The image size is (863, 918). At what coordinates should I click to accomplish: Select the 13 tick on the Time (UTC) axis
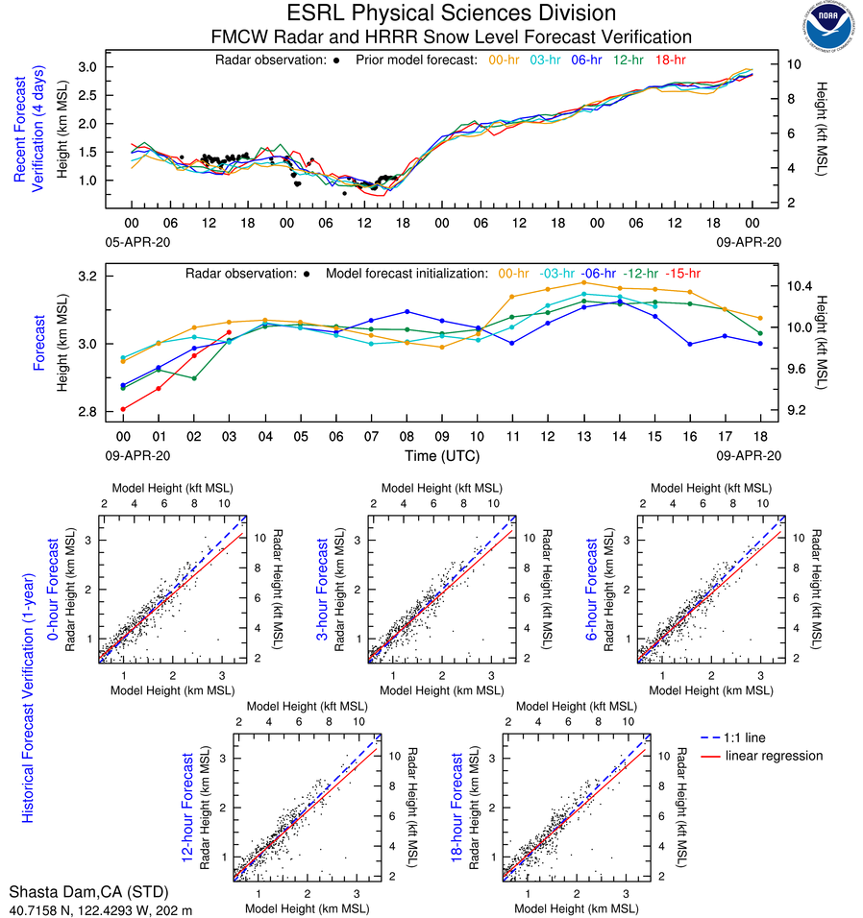pos(583,436)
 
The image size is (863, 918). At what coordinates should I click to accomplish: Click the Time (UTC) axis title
pos(441,455)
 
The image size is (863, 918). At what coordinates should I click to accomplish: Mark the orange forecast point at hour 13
pos(583,282)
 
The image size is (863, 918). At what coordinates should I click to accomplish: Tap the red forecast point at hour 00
pos(123,409)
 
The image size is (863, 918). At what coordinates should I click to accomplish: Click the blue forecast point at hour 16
pos(690,344)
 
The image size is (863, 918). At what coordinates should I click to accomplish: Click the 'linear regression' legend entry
pos(774,756)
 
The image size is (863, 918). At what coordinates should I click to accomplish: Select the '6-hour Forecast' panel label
pos(596,588)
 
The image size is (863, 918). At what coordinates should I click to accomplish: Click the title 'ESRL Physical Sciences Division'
pos(451,13)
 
